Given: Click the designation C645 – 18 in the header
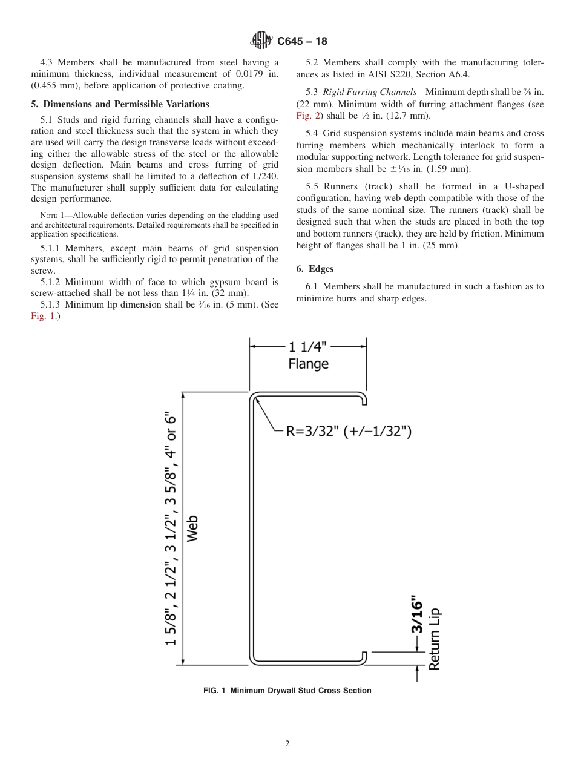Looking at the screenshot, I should pyautogui.click(x=302, y=42).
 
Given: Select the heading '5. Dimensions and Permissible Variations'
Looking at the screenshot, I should pyautogui.click(x=120, y=104).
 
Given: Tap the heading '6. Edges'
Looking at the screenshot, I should pyautogui.click(x=315, y=268).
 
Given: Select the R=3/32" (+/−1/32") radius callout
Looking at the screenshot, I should pyautogui.click(x=349, y=432).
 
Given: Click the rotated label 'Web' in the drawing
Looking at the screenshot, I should pyautogui.click(x=192, y=528).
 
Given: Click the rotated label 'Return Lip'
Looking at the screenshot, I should pyautogui.click(x=434, y=639).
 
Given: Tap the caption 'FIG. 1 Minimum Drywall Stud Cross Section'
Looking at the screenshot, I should pyautogui.click(x=287, y=691).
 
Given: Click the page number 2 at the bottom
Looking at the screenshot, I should pyautogui.click(x=287, y=744).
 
